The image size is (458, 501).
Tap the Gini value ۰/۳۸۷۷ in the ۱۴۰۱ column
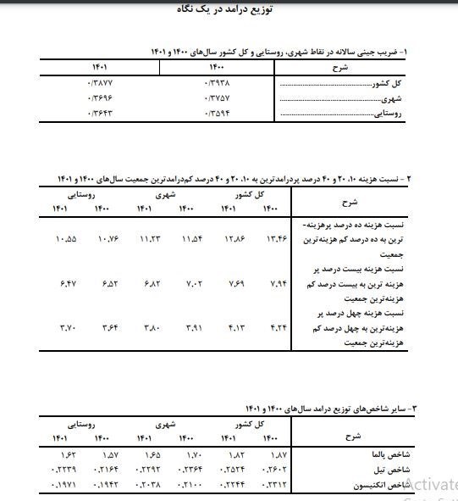(99, 83)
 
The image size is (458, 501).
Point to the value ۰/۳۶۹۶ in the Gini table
(99, 97)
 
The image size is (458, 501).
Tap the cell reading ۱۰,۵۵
(65, 239)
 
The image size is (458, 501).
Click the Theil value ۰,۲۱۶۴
(102, 469)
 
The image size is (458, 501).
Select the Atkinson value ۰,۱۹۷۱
(63, 483)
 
